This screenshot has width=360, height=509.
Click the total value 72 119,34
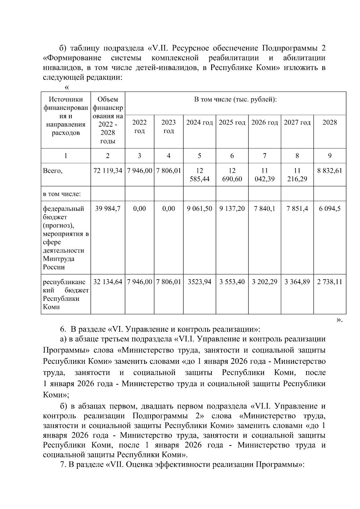108,171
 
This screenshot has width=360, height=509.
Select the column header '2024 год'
199,122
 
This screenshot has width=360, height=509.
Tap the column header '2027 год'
297,122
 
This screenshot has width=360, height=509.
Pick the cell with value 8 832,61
329,171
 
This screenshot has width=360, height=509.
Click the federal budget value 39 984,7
108,208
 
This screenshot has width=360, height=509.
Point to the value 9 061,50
199,208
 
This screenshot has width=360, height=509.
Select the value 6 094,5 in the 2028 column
329,208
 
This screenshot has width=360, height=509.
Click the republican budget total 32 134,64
108,282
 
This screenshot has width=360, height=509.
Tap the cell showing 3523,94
199,282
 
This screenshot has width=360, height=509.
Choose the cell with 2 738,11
329,282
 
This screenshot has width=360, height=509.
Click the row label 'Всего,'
53,171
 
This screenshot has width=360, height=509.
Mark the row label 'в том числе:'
62,194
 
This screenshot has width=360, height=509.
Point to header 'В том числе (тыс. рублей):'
235,99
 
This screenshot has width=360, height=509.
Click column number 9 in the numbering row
329,156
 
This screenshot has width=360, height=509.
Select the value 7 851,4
297,208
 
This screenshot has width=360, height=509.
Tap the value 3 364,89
297,282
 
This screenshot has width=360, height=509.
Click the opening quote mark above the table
67,87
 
